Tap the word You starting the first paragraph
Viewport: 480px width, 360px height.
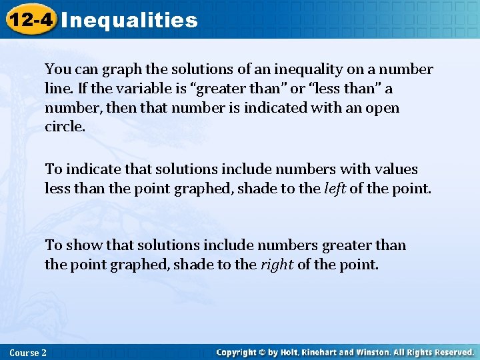56,69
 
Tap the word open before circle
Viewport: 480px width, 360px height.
383,108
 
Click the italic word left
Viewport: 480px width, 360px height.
335,189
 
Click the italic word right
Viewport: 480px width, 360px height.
276,265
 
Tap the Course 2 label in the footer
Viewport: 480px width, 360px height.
29,352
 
